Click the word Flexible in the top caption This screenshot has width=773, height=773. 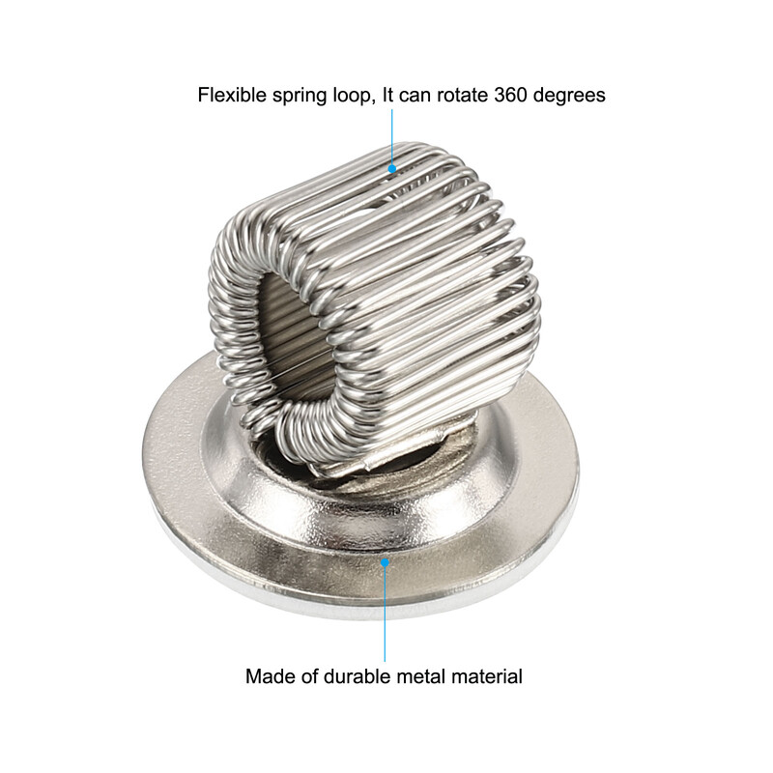232,95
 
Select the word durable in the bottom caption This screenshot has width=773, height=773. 358,676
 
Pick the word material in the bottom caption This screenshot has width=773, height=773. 487,676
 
